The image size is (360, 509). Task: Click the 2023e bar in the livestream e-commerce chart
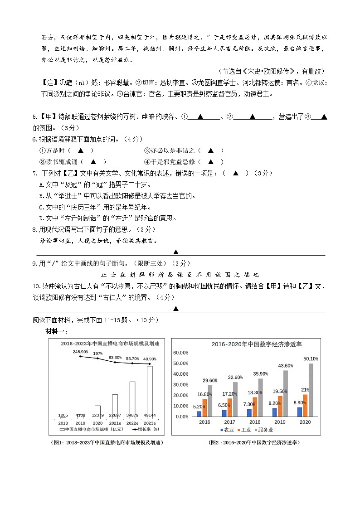(x=150, y=392)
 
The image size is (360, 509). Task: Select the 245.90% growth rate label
(x=80, y=352)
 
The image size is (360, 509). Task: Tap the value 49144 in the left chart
(x=150, y=415)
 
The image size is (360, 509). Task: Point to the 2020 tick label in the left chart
(x=97, y=422)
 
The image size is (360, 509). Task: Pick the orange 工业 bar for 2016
(x=204, y=407)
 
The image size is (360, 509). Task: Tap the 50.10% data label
(x=311, y=359)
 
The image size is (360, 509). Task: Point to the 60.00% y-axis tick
(x=181, y=353)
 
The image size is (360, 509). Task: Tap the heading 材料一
(x=57, y=332)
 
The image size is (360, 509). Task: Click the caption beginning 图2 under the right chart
(x=254, y=442)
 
